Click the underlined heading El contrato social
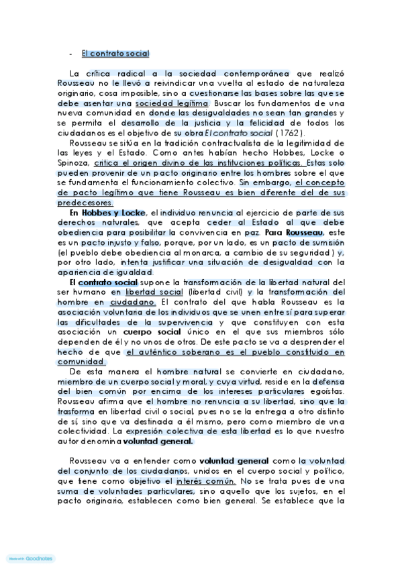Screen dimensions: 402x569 [115, 54]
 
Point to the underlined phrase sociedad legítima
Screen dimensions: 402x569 [171, 103]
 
